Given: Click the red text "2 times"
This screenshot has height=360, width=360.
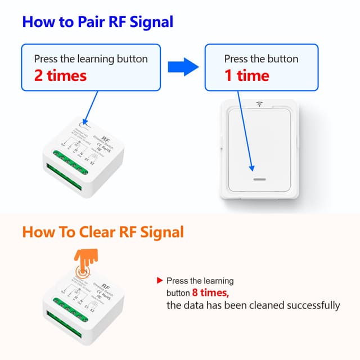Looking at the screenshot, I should pyautogui.click(x=60, y=75).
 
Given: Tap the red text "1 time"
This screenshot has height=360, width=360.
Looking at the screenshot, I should pyautogui.click(x=246, y=75).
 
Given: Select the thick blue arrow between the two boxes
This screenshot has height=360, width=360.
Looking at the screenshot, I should pyautogui.click(x=184, y=67).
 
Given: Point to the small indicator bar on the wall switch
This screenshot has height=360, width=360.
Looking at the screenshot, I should pyautogui.click(x=259, y=179).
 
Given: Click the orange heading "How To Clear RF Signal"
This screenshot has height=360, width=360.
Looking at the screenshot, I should pyautogui.click(x=103, y=231).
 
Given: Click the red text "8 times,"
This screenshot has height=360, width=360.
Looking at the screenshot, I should pyautogui.click(x=210, y=293).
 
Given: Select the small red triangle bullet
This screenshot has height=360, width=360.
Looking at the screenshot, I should pyautogui.click(x=160, y=280).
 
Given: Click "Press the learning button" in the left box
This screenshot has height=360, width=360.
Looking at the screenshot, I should pyautogui.click(x=91, y=59).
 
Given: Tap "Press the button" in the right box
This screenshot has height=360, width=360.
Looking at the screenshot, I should pyautogui.click(x=261, y=59).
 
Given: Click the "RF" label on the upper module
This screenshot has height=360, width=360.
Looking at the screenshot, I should pyautogui.click(x=106, y=137).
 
